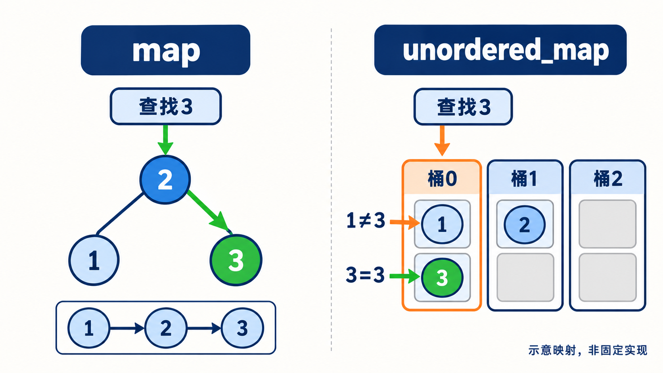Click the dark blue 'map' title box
[165, 50]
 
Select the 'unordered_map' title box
[500, 50]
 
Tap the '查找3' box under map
[166, 106]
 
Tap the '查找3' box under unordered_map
[463, 107]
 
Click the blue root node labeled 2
[165, 180]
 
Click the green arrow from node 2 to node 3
[208, 210]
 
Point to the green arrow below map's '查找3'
[165, 140]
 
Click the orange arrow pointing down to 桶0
[442, 140]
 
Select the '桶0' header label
[442, 179]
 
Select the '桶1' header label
[524, 179]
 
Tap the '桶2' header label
[608, 179]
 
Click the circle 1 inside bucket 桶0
[442, 224]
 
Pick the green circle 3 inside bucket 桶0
[442, 278]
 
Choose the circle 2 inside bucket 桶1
[525, 224]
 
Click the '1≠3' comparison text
[366, 221]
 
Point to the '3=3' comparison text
[365, 275]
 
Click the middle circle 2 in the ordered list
[166, 328]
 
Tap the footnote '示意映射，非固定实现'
[588, 350]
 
